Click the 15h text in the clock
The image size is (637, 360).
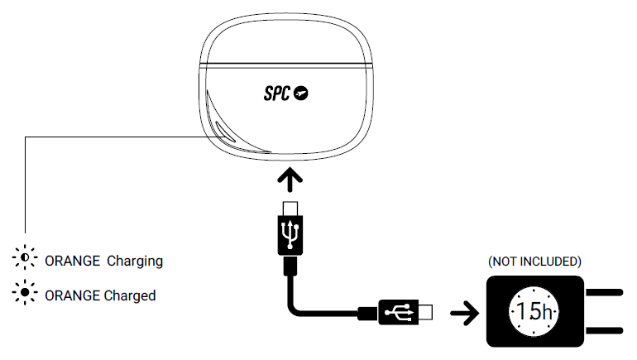tap(534, 312)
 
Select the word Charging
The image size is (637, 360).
tap(135, 261)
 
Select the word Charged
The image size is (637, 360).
tap(130, 295)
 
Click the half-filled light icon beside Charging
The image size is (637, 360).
tap(26, 260)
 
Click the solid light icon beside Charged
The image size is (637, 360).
tap(26, 294)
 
